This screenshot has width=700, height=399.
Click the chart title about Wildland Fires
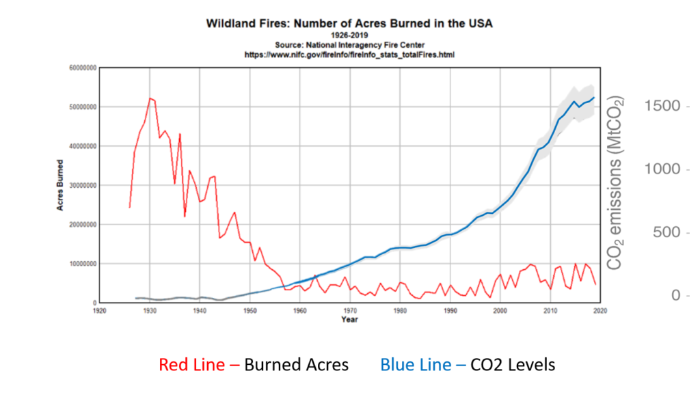pyautogui.click(x=349, y=23)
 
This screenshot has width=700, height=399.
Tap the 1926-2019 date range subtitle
pyautogui.click(x=349, y=34)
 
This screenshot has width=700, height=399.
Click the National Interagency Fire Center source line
pyautogui.click(x=349, y=44)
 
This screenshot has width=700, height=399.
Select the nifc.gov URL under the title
pyautogui.click(x=349, y=53)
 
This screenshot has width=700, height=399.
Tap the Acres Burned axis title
pyautogui.click(x=61, y=185)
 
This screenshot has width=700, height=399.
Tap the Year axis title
pyautogui.click(x=349, y=319)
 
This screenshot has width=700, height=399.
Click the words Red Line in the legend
pyautogui.click(x=191, y=365)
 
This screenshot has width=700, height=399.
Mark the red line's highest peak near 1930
pyautogui.click(x=150, y=98)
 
